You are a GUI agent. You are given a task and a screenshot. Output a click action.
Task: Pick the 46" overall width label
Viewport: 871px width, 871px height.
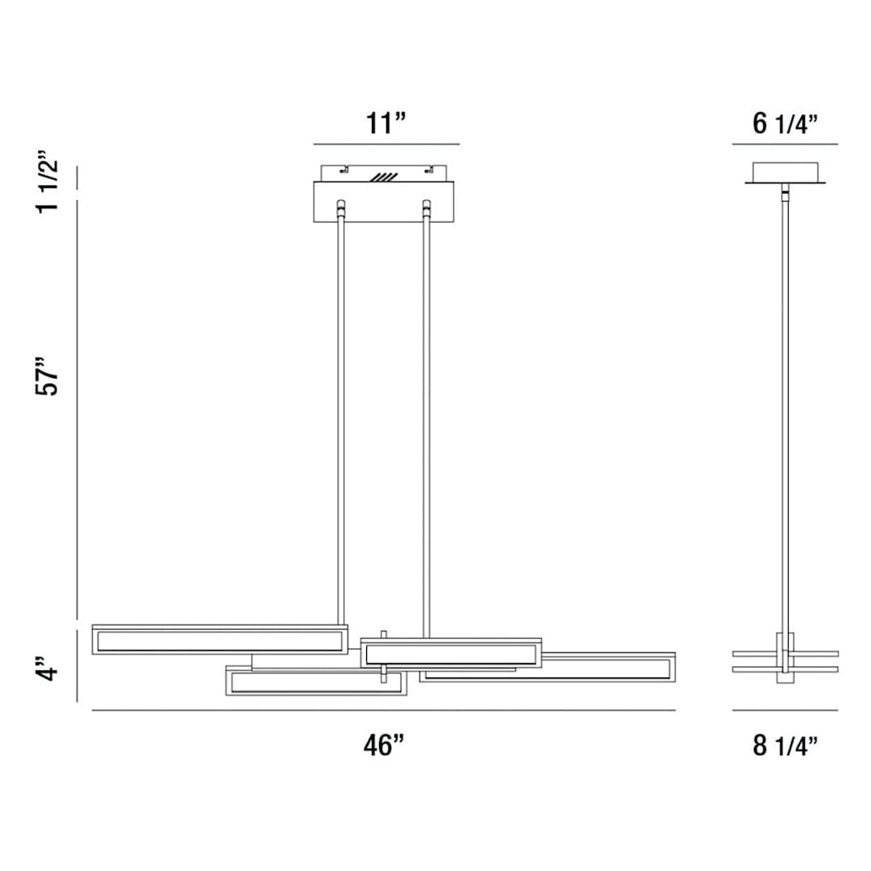(383, 746)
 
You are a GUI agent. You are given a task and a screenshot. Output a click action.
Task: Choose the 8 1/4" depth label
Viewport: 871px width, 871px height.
(785, 746)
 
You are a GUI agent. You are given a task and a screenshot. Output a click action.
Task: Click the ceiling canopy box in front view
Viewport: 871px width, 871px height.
(383, 202)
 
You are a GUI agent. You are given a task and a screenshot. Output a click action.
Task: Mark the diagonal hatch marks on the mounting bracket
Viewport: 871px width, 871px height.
(384, 176)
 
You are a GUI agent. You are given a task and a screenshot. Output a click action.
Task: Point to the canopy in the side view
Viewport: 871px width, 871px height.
(785, 173)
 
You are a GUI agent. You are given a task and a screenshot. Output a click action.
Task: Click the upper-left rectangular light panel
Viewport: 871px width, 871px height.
(219, 640)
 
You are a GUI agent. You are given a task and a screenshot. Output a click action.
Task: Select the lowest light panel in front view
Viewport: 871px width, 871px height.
(315, 681)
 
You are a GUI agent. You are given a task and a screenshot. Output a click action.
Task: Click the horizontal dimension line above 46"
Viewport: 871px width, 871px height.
(383, 711)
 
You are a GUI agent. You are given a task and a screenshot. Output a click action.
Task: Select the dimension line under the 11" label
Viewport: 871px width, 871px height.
(385, 144)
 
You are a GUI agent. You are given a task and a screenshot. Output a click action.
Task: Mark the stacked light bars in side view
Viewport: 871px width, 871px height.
(785, 661)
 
